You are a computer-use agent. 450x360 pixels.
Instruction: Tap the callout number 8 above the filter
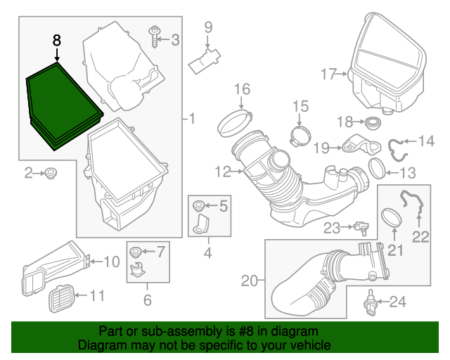pos(57,40)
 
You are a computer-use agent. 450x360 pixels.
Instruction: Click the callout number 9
pos(208,27)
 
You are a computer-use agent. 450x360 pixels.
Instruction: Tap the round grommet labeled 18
pos(373,122)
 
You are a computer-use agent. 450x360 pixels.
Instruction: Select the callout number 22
pos(420,237)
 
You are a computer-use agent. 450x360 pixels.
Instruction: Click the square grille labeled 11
pos(60,299)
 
